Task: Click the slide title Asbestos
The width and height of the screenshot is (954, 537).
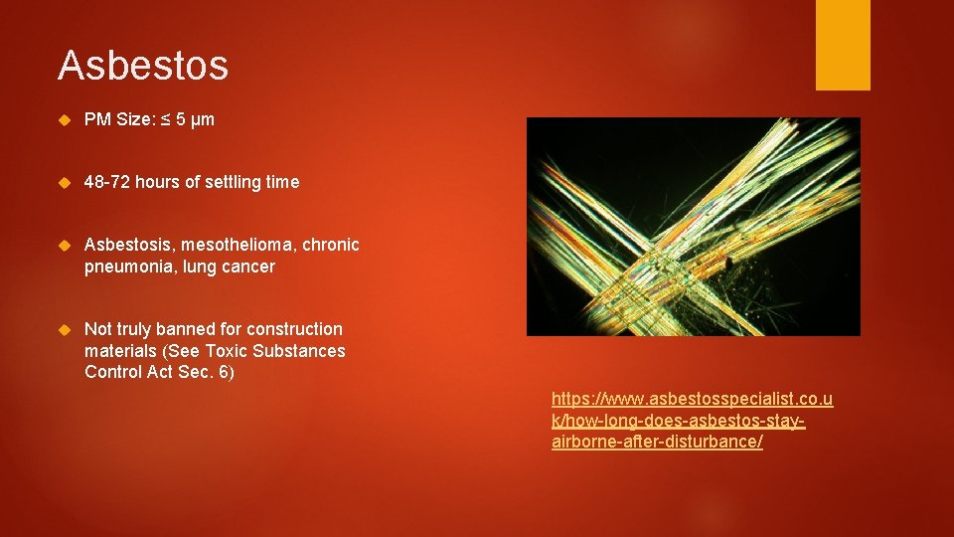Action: pyautogui.click(x=143, y=66)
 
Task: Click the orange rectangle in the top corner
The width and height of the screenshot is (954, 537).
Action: pyautogui.click(x=842, y=44)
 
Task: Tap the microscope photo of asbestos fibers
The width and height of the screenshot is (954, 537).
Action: pyautogui.click(x=693, y=227)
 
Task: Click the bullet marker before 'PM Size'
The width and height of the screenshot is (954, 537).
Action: pyautogui.click(x=66, y=120)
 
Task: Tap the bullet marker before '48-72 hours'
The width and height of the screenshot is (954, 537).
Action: pyautogui.click(x=66, y=182)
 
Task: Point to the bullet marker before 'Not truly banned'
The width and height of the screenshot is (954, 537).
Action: pyautogui.click(x=66, y=329)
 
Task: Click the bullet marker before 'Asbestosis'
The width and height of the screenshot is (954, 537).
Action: pyautogui.click(x=66, y=245)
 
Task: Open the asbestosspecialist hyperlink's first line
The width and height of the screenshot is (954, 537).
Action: pyautogui.click(x=692, y=399)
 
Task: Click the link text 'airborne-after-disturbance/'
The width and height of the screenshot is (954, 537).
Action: pyautogui.click(x=657, y=442)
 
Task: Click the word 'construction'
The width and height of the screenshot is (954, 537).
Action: pyautogui.click(x=294, y=329)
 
